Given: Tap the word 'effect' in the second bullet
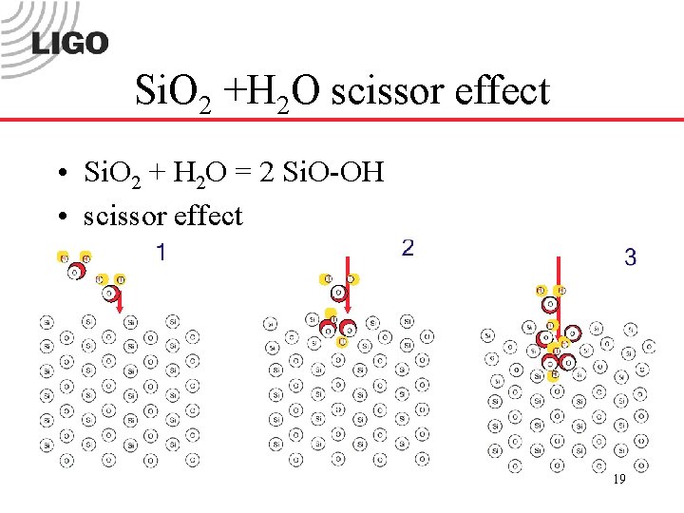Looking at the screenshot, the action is pos(208,216).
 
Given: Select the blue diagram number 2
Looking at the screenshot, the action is pos(408,249).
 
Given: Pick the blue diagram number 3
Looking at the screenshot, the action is pos(630,257).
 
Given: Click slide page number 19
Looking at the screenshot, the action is pos(618,480).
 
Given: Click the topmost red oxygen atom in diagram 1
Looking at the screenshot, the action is pos(75,272).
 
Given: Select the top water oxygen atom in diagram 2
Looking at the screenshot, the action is pos(338,292).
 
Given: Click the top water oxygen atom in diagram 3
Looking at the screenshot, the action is pos(550,303).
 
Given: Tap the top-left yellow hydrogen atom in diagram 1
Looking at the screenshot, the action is pos(64,257).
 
